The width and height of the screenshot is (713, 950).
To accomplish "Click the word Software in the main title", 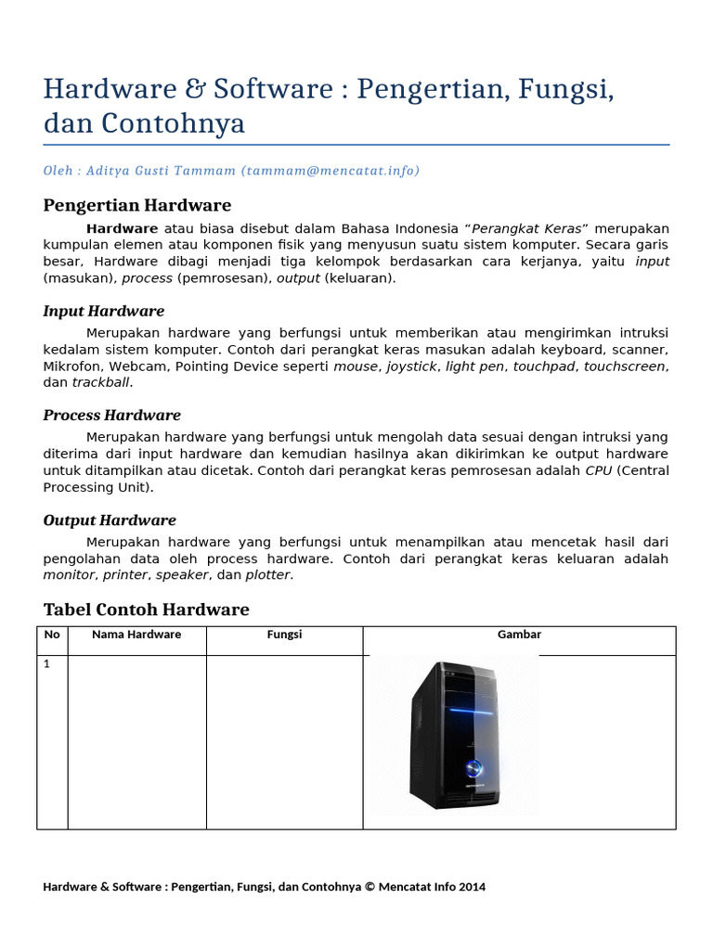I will pos(273,90).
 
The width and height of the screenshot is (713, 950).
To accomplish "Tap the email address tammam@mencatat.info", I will pos(330,171).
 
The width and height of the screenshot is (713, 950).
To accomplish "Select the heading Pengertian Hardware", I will pos(137,205).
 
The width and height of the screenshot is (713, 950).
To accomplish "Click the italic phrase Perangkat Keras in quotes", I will pos(527,228).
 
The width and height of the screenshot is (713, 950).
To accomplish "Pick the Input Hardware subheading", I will pos(103,311).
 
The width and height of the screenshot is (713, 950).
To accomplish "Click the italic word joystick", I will pos(411,366).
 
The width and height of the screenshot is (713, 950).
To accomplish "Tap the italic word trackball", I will pos(102,382).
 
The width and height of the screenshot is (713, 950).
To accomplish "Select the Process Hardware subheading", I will pos(111,415).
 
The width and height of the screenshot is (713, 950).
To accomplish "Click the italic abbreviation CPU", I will pos(598,470).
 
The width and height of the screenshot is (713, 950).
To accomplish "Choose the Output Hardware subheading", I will pos(110,520).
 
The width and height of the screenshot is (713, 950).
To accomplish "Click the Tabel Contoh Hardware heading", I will pos(146,610).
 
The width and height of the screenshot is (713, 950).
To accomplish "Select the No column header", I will pos(52,635).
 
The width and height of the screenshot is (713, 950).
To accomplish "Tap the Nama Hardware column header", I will pos(136,635).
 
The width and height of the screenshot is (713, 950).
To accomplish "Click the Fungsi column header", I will pos(284,635).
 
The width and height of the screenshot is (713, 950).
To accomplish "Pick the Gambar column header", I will pos(519,635).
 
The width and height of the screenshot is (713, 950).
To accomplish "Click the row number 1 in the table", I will pos(47,664).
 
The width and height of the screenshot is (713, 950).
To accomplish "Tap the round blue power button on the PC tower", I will pos(473,767).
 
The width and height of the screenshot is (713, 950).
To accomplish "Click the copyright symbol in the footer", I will pos(369,887).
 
